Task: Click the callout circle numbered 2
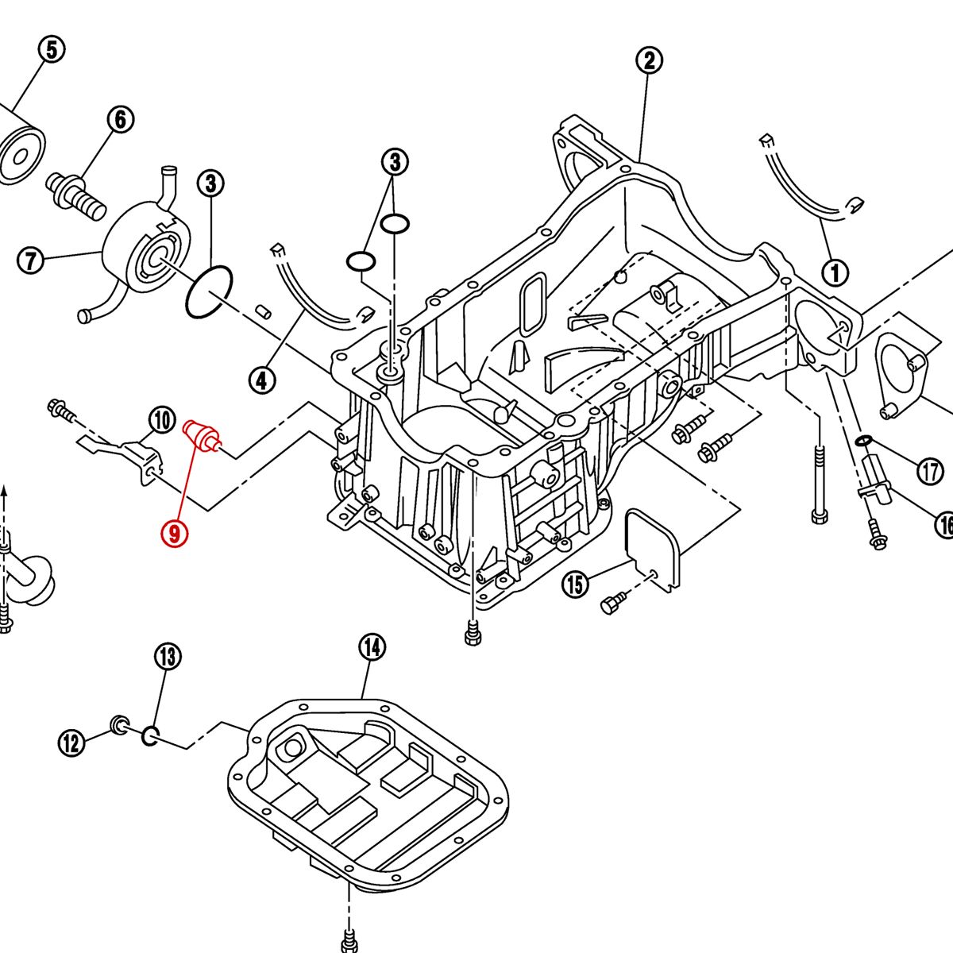650,60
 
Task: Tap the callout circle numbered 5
51,50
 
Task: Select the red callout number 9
174,532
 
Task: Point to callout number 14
371,647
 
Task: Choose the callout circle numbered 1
835,273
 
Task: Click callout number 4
261,380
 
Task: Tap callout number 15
575,585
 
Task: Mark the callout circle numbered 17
930,472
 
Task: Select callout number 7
30,260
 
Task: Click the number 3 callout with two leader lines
395,163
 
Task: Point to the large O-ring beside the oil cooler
209,293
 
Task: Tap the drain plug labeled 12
119,723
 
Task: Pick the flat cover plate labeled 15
654,546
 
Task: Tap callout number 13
168,657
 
